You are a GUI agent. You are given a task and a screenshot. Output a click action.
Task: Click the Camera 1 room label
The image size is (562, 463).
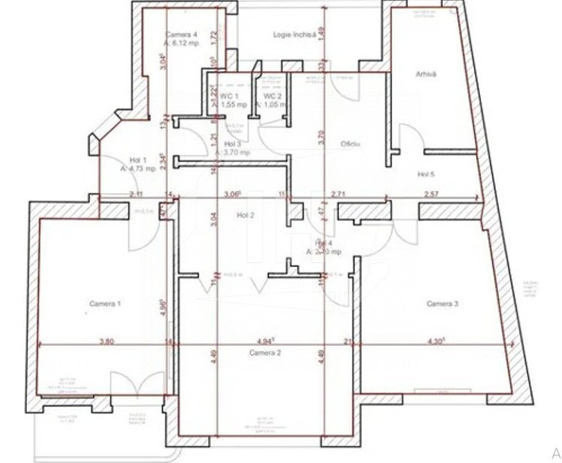pyautogui.click(x=105, y=304)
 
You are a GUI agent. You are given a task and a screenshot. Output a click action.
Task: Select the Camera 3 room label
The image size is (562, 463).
pyautogui.click(x=443, y=304)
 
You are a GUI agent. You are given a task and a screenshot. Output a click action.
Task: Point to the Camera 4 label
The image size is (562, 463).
pyautogui.click(x=181, y=35)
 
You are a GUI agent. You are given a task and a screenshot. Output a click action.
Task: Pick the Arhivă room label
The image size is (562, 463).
pyautogui.click(x=427, y=74)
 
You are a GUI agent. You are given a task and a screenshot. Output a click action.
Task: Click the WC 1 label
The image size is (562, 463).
pyautogui.click(x=229, y=97)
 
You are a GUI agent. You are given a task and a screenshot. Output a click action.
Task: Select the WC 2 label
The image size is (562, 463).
pyautogui.click(x=272, y=97)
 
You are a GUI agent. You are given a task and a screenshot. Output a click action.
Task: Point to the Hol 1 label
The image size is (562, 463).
pyautogui.click(x=137, y=160)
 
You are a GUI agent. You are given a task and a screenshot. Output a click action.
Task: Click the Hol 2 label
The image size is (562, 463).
pyautogui.click(x=246, y=216)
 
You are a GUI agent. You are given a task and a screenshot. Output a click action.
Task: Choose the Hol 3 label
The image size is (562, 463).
pyautogui.click(x=232, y=144)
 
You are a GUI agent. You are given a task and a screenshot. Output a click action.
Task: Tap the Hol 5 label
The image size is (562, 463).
pyautogui.click(x=427, y=175)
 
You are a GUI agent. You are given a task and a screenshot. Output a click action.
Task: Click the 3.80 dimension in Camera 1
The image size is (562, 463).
pyautogui.click(x=106, y=341)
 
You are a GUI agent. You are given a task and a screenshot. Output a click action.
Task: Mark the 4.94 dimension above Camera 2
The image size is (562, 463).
pyautogui.click(x=267, y=340)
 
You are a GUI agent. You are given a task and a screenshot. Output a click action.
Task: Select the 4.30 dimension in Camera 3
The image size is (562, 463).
pyautogui.click(x=437, y=341)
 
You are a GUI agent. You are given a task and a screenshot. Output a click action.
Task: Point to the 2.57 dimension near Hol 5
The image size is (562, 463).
pyautogui.click(x=431, y=195)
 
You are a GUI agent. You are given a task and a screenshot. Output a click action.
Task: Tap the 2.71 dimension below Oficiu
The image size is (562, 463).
pyautogui.click(x=338, y=195)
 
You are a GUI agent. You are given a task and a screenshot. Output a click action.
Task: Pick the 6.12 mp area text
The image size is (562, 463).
pyautogui.click(x=185, y=43)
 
